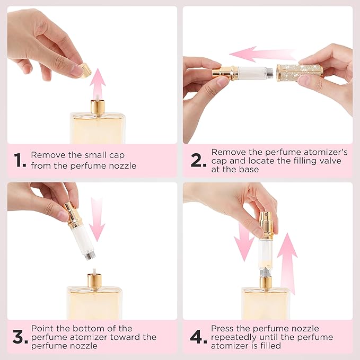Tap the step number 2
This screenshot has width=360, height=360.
198,161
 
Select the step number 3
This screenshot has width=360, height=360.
20,337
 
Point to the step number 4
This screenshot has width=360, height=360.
198,337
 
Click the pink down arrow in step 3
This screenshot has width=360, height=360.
97,218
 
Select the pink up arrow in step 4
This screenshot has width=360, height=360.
287,255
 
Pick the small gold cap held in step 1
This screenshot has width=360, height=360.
85,69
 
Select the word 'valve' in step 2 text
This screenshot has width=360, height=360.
335,161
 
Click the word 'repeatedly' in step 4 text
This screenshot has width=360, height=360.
235,337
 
